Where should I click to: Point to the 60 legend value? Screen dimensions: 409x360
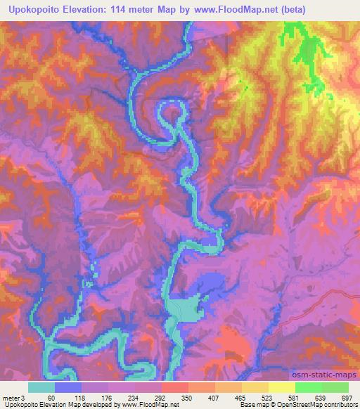[x=51, y=397]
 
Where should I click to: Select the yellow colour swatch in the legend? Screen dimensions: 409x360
[x=282, y=387]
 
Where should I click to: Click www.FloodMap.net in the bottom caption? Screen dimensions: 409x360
[x=149, y=405]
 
